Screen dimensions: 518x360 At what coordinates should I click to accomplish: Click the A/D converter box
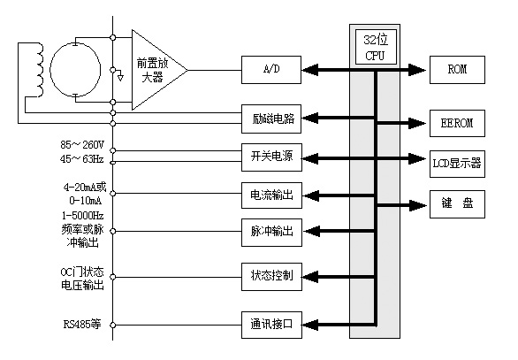coord(271,70)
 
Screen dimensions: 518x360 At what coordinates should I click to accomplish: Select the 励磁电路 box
coord(271,119)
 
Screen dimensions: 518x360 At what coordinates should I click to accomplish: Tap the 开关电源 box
coord(271,157)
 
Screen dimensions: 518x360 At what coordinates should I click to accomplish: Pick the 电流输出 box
coord(271,195)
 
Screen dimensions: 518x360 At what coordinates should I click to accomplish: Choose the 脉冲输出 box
coord(271,233)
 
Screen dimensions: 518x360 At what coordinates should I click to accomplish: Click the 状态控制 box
coord(271,277)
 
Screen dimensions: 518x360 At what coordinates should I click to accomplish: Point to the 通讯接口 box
coord(271,325)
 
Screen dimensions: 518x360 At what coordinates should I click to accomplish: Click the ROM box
coord(457,70)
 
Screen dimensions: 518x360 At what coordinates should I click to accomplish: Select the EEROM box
coord(457,123)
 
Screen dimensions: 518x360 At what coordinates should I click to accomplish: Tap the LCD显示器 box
coord(457,164)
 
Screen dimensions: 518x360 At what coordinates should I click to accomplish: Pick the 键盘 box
coord(457,204)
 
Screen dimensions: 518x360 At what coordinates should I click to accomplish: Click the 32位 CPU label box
coord(376,47)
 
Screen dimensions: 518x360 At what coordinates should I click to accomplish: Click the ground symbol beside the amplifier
coord(120,78)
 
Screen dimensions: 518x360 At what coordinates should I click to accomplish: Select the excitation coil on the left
coord(40,70)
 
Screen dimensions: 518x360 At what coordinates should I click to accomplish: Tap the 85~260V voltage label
coord(82,145)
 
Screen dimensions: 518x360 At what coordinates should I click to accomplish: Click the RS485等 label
coord(82,324)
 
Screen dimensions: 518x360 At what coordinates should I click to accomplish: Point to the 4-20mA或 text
coord(85,188)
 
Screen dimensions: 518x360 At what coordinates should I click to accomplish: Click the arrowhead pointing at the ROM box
coord(417,70)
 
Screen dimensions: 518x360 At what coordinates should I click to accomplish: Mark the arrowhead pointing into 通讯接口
coord(310,325)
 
